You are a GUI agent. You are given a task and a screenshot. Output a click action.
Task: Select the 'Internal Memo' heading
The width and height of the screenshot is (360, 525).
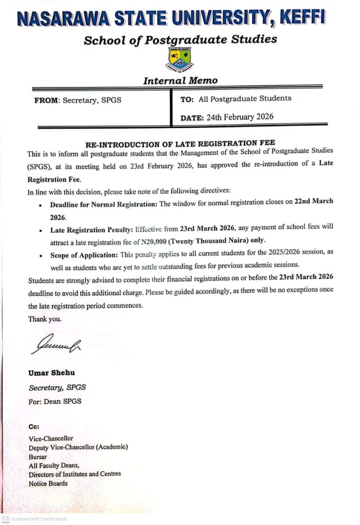point(180,81)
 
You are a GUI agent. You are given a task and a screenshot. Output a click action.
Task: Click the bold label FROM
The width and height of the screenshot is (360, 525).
point(45,100)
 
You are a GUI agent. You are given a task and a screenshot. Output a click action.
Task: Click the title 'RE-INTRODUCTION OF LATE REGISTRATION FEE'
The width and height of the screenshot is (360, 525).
point(180,142)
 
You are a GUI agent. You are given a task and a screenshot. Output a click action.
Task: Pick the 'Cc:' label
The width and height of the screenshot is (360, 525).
point(34,427)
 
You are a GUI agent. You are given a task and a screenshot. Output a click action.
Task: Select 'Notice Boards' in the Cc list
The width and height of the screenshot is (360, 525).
point(48,483)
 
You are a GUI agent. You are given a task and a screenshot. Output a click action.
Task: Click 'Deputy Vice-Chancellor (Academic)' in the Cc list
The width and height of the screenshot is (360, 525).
point(78,447)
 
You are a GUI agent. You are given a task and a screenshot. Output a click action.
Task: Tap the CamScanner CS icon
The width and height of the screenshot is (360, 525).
point(6,519)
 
